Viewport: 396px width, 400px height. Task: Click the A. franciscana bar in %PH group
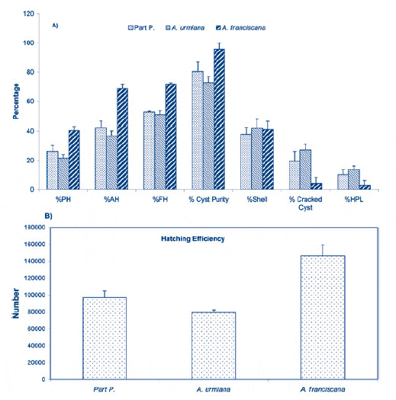tap(74, 160)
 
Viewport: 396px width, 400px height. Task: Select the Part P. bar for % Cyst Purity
tap(198, 130)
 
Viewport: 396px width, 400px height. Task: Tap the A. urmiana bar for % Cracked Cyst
tap(305, 170)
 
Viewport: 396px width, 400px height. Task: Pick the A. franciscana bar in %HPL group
tap(365, 187)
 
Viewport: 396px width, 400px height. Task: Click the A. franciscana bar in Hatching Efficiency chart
tap(323, 318)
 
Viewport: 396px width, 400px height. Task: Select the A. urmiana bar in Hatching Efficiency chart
tap(214, 346)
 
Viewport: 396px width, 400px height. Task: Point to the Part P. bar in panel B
tap(105, 338)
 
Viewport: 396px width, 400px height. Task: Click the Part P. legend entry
tap(142, 27)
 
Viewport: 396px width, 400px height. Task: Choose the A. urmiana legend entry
tap(185, 27)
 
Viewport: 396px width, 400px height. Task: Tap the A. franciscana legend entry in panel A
tap(240, 27)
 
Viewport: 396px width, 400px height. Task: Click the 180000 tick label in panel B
tap(35, 227)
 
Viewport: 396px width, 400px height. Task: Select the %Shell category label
tap(257, 199)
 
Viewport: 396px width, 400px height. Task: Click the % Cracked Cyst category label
tap(305, 203)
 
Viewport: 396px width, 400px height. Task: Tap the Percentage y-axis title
tap(16, 101)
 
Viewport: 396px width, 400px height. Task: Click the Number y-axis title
tap(15, 303)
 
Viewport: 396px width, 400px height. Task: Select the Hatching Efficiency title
tap(193, 238)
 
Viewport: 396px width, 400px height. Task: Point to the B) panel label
tap(49, 216)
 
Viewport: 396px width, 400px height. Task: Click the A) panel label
tap(55, 25)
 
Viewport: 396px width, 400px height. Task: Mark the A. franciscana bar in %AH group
tap(122, 139)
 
